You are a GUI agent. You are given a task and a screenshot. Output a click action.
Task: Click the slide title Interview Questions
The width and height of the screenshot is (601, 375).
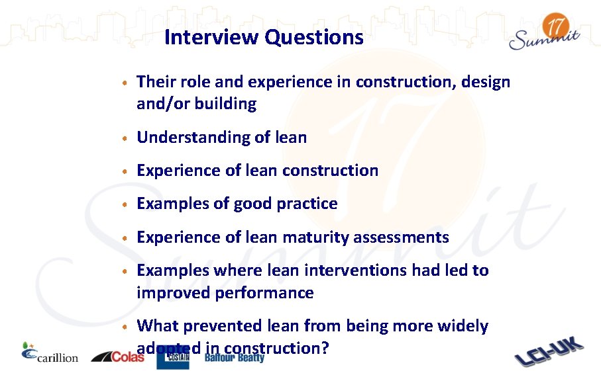click(264, 37)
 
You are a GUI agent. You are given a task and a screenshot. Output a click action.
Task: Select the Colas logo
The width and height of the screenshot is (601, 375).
click(118, 356)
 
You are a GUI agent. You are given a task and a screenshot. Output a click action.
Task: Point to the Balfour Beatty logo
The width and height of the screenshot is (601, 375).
click(234, 358)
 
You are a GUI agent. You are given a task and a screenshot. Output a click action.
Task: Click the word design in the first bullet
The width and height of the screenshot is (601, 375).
click(486, 82)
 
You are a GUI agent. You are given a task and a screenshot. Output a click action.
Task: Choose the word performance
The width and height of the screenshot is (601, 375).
click(264, 292)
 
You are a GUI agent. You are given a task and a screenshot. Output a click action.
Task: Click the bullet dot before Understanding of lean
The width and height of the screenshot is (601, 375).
click(124, 138)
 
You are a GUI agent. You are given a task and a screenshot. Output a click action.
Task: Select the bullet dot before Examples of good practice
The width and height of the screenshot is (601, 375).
click(124, 204)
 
